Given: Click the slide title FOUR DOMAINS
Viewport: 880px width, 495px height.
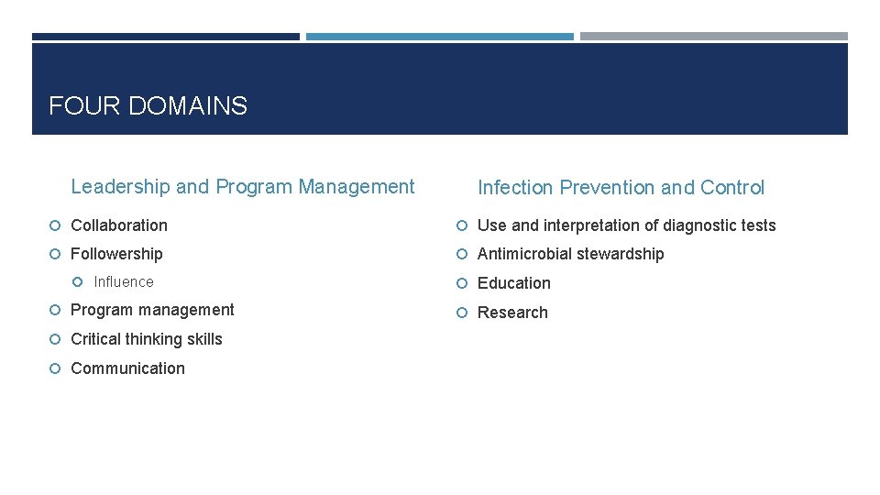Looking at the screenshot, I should point(148,106).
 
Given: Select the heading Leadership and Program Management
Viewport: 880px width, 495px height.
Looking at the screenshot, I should point(242,187).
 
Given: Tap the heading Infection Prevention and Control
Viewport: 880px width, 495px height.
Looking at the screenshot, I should point(621,188).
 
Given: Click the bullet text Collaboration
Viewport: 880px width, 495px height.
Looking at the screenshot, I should point(119,225).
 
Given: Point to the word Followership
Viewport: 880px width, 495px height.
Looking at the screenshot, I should point(116,254).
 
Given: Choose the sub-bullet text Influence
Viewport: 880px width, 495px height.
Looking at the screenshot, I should point(124,282).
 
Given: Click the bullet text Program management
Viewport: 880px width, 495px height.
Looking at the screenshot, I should point(152,310).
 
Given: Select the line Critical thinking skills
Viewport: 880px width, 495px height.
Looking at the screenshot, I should point(147,339).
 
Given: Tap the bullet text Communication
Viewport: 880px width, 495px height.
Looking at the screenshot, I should point(127,368).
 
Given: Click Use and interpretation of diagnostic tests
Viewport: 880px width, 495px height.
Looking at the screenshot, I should point(626,225).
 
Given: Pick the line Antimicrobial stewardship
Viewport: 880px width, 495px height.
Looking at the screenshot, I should point(570,254).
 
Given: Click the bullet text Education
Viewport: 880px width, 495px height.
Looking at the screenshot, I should point(513,283).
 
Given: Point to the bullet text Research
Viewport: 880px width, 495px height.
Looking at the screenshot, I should point(512,313).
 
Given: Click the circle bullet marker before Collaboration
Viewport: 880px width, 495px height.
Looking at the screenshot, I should point(56,226).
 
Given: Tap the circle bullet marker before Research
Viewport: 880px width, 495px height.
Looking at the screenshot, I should point(463,313).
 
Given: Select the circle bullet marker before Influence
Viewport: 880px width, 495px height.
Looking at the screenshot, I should point(79,282).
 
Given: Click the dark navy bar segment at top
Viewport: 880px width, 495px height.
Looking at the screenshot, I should point(165,37).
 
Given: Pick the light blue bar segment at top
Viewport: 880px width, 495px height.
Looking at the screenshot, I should point(439,37).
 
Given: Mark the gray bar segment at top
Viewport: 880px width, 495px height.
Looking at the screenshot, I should point(713,37).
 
